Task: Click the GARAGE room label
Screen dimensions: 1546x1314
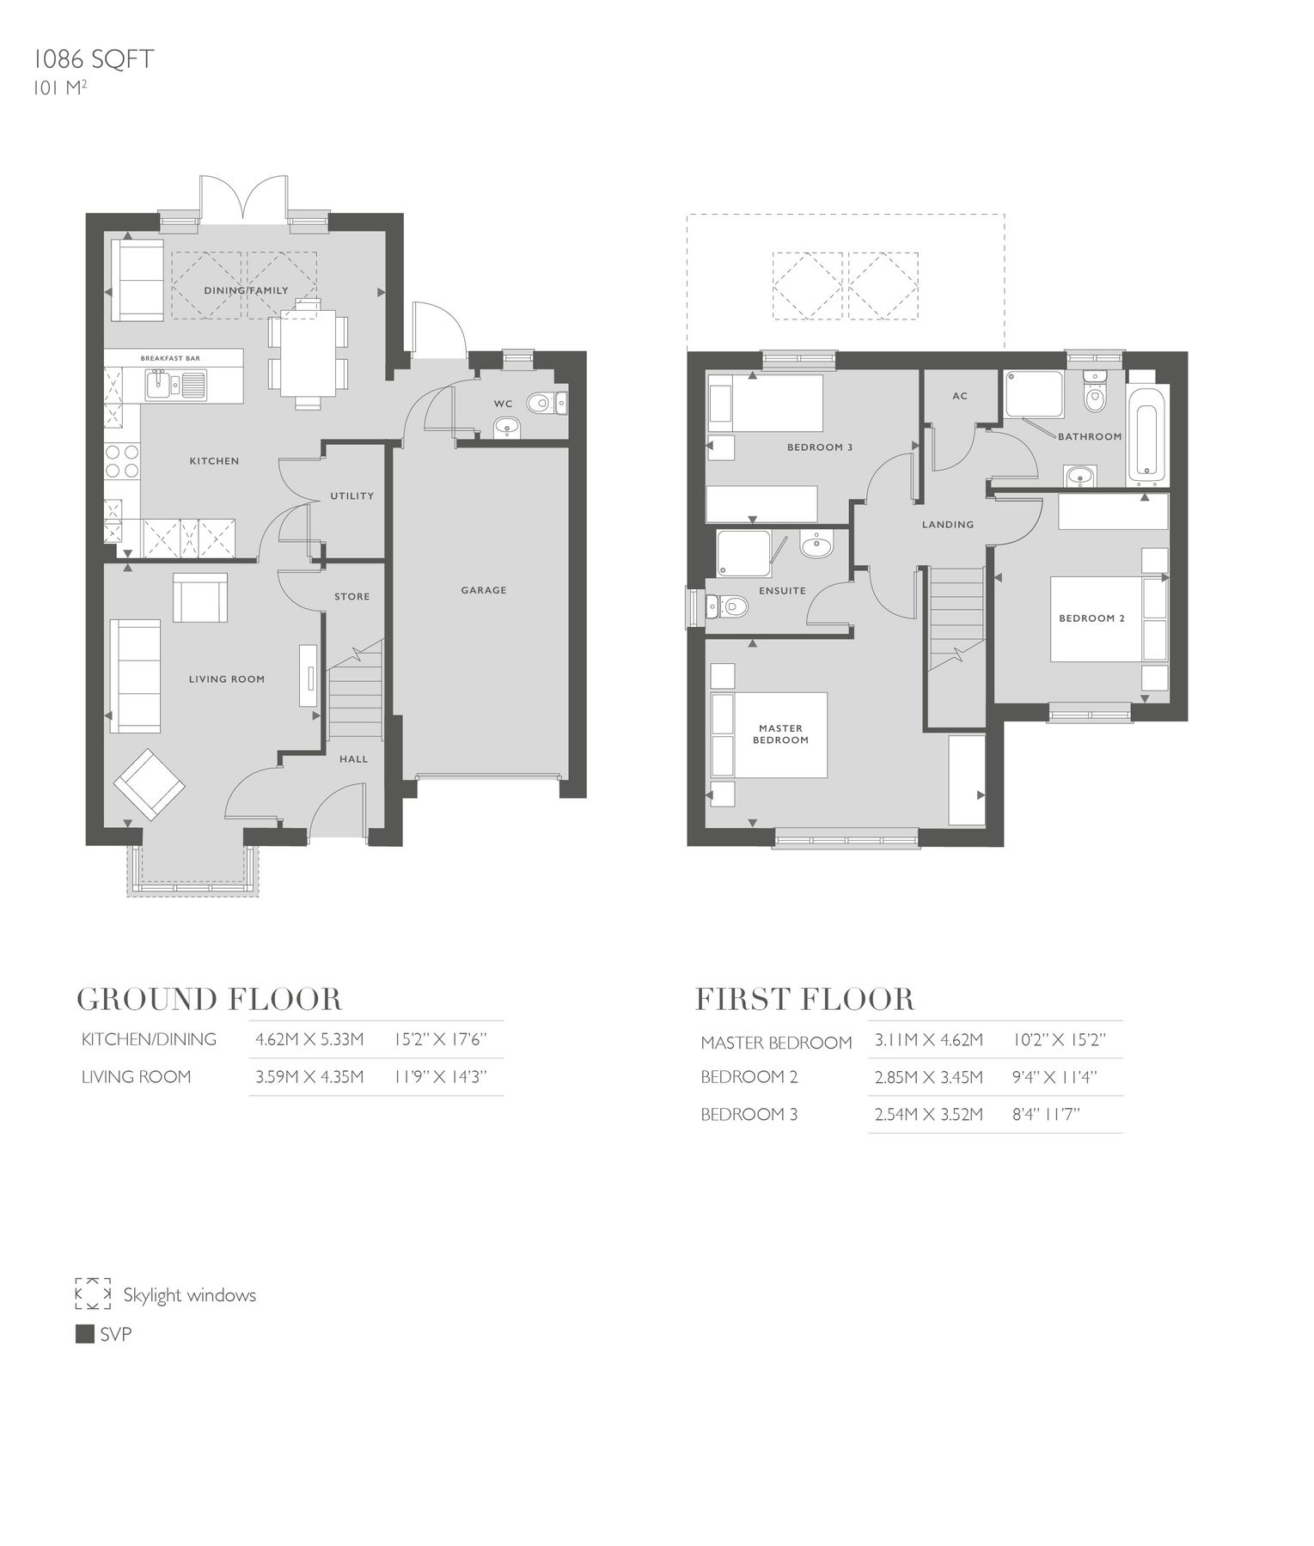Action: (483, 590)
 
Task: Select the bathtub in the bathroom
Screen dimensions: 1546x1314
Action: (1147, 435)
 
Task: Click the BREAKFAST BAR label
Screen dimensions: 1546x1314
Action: (170, 357)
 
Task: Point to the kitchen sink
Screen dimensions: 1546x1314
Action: (160, 385)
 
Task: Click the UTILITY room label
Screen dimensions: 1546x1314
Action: (351, 496)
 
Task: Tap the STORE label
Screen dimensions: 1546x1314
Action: (351, 596)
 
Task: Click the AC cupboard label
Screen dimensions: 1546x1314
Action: (960, 396)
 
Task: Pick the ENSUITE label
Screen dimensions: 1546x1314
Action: (782, 590)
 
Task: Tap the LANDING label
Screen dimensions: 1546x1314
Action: (947, 524)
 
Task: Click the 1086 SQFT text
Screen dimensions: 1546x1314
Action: (93, 59)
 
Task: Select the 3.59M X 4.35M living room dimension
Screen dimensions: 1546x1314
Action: (309, 1077)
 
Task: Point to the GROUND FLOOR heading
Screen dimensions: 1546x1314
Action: (209, 999)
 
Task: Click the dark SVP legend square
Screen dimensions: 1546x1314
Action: (84, 1334)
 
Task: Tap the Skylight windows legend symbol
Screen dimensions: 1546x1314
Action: (93, 1293)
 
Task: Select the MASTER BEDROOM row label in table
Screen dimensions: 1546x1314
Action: (775, 1043)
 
